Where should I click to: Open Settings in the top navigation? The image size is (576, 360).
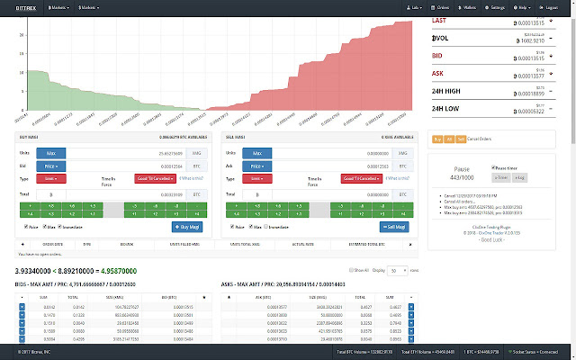(x=499, y=7)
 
